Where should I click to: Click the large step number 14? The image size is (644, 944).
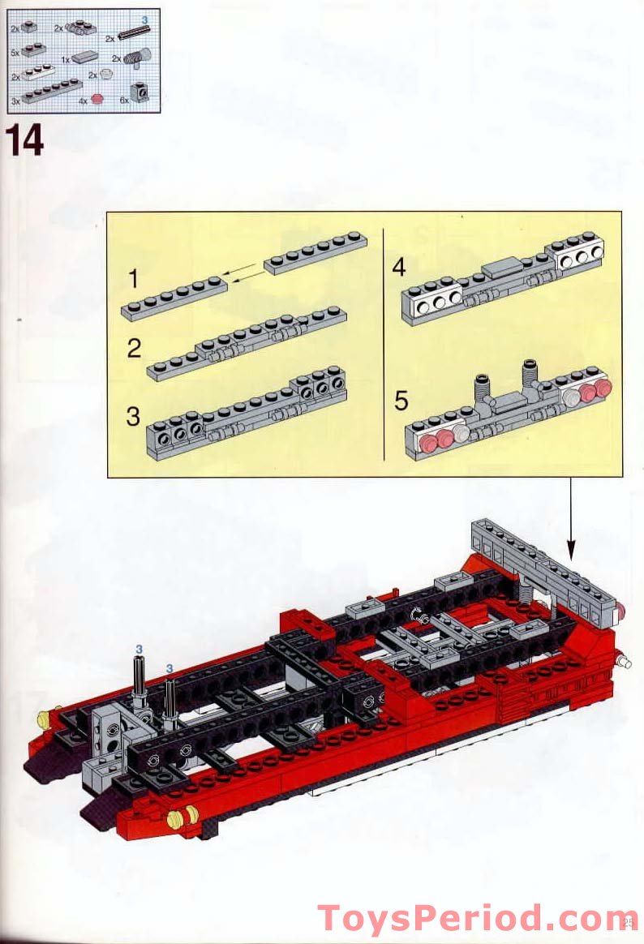click(26, 141)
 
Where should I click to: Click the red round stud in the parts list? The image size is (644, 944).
click(98, 99)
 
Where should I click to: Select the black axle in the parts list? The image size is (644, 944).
click(134, 32)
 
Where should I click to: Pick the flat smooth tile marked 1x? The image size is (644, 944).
click(84, 58)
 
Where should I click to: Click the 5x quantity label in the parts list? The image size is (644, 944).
click(15, 52)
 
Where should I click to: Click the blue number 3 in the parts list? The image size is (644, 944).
click(145, 18)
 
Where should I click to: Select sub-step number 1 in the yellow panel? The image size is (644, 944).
click(134, 280)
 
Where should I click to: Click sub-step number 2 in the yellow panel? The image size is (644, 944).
click(134, 349)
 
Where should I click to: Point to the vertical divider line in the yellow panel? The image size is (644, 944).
click(382, 341)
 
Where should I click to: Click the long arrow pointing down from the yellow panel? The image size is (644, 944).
click(570, 519)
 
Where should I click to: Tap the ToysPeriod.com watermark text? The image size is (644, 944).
click(477, 918)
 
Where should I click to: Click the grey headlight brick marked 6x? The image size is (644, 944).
click(142, 94)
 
